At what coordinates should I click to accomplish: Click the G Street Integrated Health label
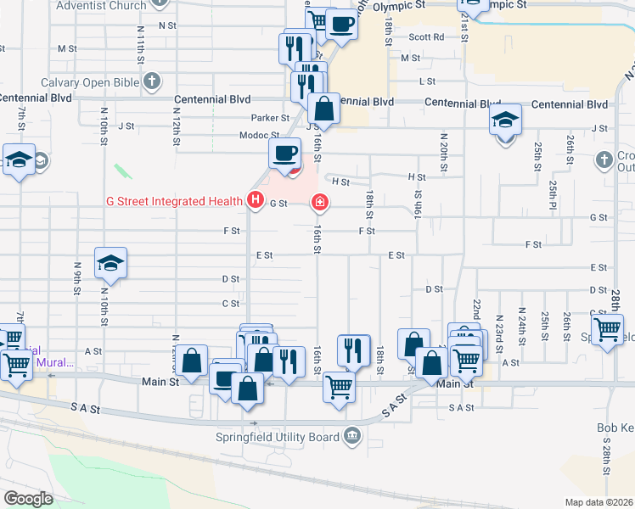pos(175,201)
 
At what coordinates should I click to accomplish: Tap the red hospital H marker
pos(255,201)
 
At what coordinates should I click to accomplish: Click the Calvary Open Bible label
pos(91,82)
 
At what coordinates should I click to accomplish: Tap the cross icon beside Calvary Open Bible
pos(152,82)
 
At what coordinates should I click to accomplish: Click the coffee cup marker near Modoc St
pos(284,153)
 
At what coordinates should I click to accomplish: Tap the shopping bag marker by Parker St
pos(323,109)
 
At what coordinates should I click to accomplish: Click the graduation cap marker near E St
pos(110,263)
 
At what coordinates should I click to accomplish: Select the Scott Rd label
pos(426,37)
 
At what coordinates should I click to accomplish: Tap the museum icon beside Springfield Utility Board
pos(352,438)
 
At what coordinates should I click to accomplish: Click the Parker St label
pos(270,118)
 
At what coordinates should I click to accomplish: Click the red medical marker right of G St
pos(320,202)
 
